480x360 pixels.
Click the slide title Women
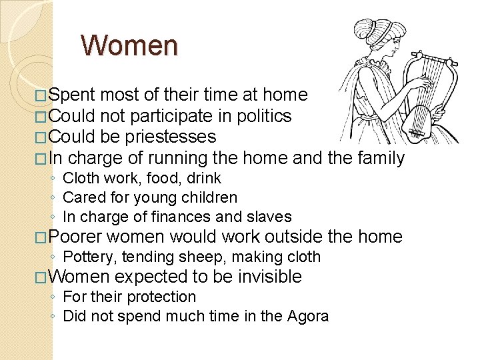coord(129,46)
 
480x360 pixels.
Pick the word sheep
coord(209,257)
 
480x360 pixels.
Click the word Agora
coord(307,316)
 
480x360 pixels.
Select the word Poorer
coord(75,237)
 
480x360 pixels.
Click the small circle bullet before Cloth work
coord(53,179)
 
